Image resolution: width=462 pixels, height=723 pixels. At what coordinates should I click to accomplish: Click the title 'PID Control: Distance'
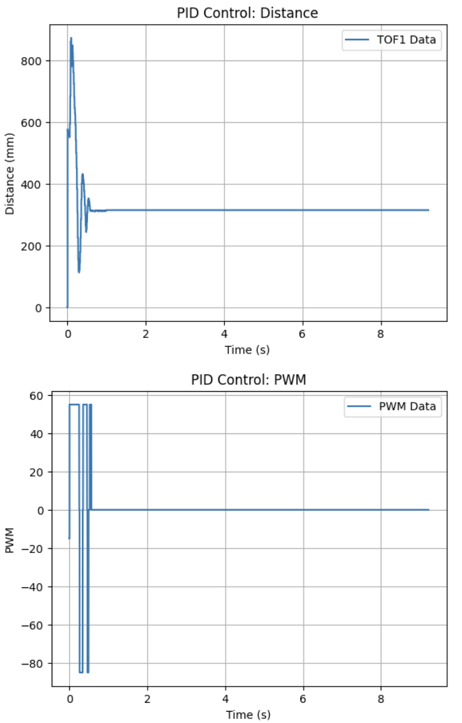[248, 12]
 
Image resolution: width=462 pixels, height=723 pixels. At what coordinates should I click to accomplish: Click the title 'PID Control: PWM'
[248, 380]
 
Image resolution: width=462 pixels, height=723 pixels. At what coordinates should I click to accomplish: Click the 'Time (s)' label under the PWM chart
[248, 714]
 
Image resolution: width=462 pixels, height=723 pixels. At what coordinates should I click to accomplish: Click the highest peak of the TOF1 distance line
[71, 38]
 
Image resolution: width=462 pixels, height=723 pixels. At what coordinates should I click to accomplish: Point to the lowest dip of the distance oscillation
[79, 271]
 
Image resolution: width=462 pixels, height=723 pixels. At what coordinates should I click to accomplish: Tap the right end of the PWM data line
[428, 510]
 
